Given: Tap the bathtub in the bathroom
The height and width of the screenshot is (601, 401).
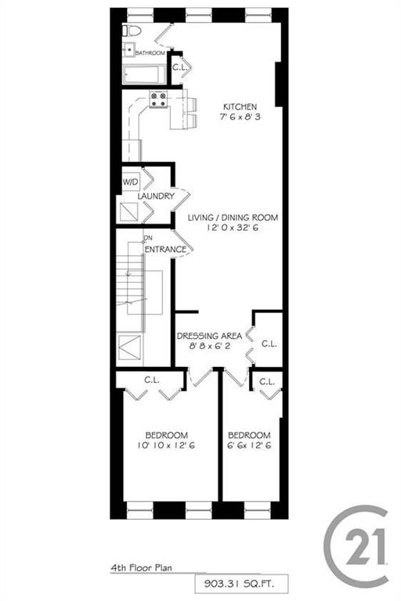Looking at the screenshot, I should pyautogui.click(x=143, y=74).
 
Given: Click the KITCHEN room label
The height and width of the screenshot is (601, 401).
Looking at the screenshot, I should pyautogui.click(x=240, y=108).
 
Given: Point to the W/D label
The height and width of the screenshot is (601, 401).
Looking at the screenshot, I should pyautogui.click(x=130, y=182).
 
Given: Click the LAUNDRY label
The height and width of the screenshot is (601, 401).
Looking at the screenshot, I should pyautogui.click(x=156, y=196).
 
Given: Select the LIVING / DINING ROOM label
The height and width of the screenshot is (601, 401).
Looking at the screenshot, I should pyautogui.click(x=233, y=218).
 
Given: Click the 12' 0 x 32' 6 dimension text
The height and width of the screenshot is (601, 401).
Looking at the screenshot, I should pyautogui.click(x=233, y=229).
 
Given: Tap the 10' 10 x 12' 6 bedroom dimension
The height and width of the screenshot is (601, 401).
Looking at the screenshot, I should pyautogui.click(x=166, y=446).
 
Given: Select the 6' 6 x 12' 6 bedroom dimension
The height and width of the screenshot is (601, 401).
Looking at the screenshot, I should pyautogui.click(x=249, y=446).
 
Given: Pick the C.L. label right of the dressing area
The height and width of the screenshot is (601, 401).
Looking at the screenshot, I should pyautogui.click(x=268, y=343).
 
